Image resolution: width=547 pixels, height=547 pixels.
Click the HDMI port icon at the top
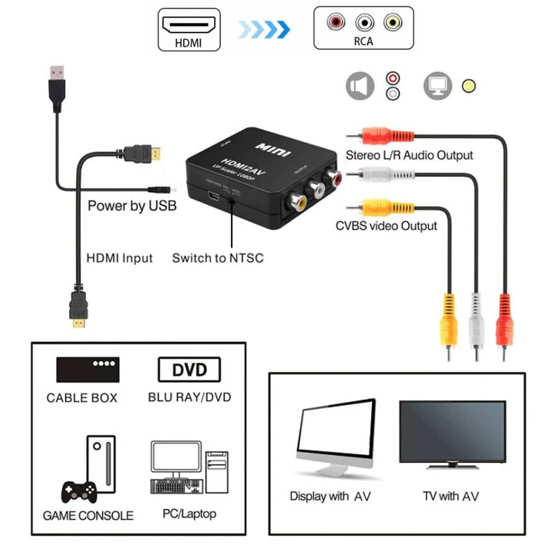tap(189, 24)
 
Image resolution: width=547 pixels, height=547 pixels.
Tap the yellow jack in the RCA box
tap(392, 22)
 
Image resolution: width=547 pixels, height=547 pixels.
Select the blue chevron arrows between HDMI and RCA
tap(264, 29)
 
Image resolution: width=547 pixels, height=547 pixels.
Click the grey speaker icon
tap(359, 86)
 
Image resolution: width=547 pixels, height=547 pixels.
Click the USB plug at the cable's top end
tap(57, 88)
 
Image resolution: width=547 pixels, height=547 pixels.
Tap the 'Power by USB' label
tap(132, 206)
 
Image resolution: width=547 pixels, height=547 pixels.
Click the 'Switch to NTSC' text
tap(218, 258)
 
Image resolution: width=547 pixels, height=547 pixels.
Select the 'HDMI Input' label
tap(120, 258)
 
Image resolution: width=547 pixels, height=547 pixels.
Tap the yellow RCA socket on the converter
tap(296, 203)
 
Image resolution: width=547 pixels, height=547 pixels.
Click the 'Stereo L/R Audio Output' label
tap(409, 155)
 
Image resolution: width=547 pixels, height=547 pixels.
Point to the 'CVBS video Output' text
tap(386, 225)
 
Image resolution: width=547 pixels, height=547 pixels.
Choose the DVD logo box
tap(189, 370)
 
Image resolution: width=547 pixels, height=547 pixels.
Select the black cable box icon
tap(88, 369)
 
